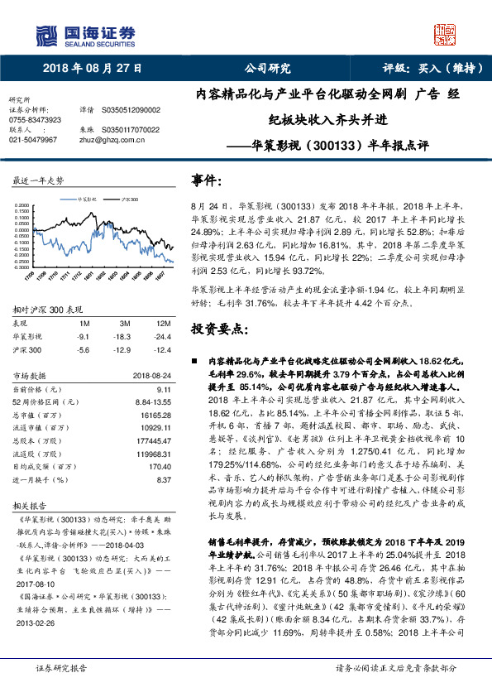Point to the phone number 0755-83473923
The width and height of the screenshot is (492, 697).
34,119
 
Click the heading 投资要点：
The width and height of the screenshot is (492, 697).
221,329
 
